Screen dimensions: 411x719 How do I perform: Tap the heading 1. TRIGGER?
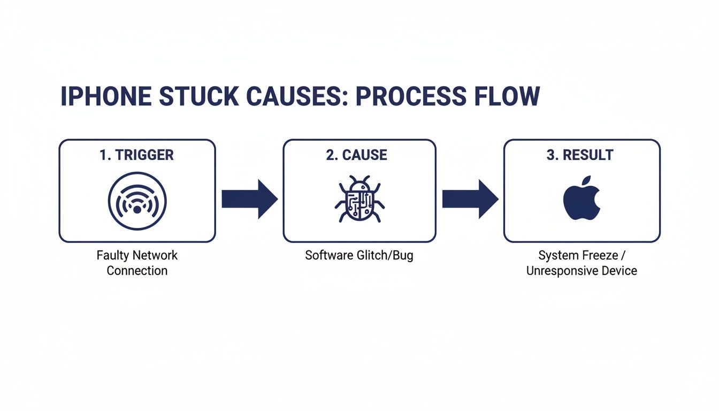pos(136,155)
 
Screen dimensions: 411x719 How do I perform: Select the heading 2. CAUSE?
pos(356,155)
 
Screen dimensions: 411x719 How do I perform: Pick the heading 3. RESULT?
pos(581,155)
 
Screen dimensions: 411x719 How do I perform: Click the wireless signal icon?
pos(137,201)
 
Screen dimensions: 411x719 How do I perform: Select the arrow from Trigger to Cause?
pos(249,199)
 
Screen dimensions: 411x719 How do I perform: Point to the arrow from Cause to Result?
pos(470,199)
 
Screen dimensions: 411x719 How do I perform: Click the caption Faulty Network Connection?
pos(137,263)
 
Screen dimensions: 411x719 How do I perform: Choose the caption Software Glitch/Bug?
pos(359,255)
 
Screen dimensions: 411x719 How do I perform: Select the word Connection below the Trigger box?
pos(137,271)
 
